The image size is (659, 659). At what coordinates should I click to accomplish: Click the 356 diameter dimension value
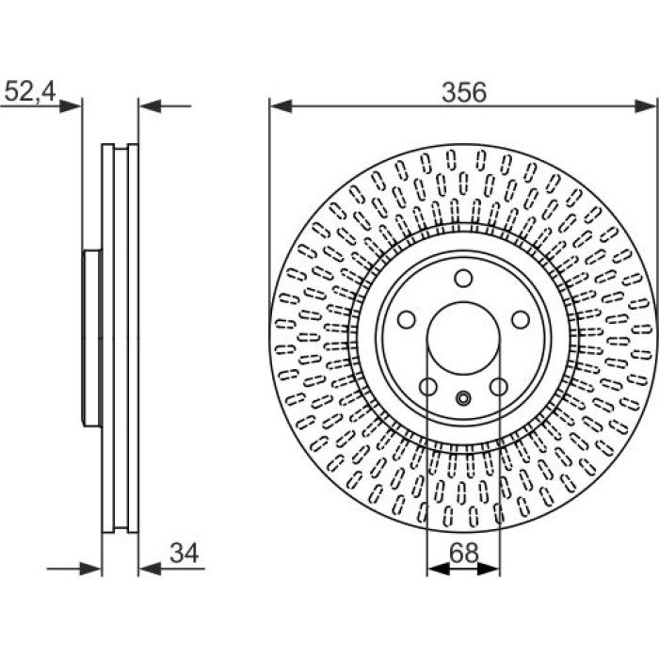[x=463, y=92]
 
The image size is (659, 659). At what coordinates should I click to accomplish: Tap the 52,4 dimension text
[x=29, y=91]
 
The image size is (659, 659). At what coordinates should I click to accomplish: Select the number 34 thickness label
[x=184, y=553]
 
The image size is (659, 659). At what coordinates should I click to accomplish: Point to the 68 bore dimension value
[x=463, y=554]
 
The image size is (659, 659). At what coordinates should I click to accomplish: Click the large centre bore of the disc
[x=463, y=337]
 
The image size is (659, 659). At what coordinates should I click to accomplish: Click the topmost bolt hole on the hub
[x=463, y=279]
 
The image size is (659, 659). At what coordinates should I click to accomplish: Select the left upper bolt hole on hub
[x=407, y=319]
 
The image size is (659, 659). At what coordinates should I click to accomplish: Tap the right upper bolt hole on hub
[x=521, y=319]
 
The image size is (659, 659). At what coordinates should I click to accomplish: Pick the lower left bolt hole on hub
[x=428, y=387]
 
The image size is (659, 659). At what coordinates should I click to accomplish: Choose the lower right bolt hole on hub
[x=499, y=387]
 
